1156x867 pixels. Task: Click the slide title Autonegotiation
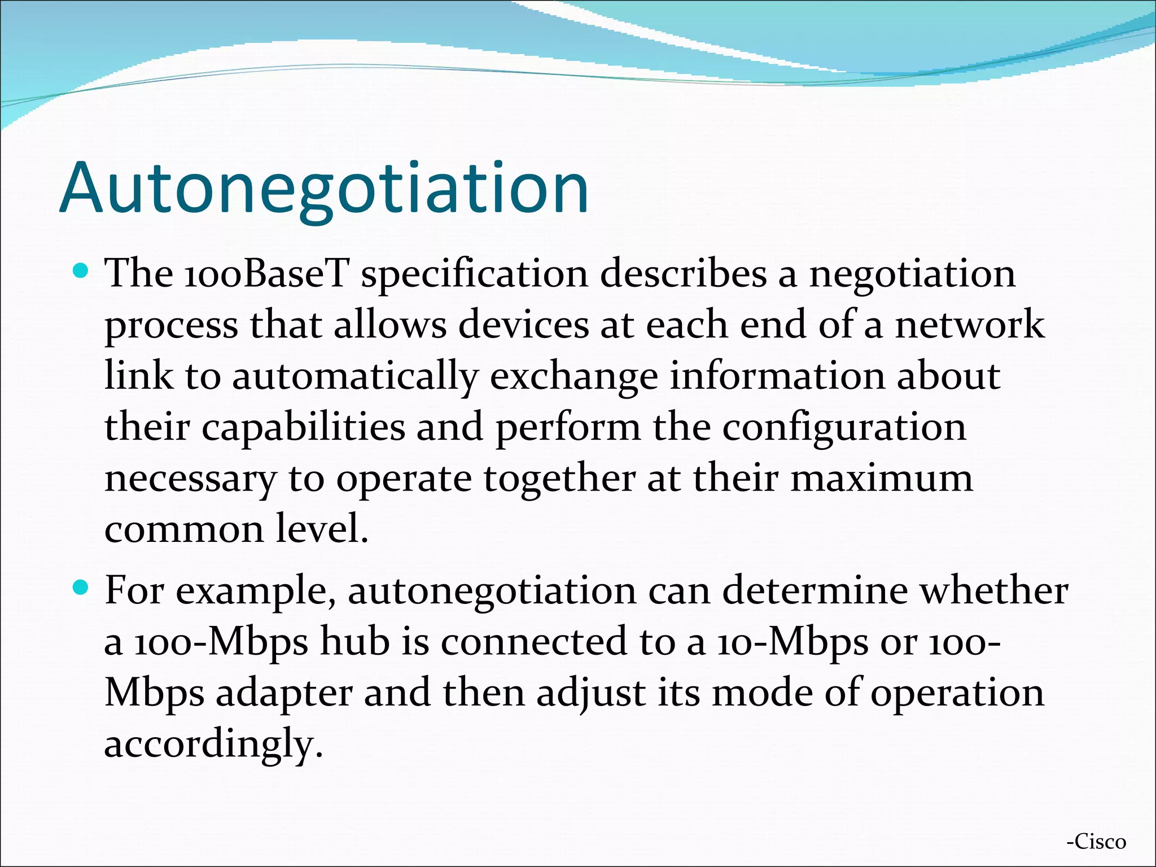point(324,187)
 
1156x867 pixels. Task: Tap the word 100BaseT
point(266,274)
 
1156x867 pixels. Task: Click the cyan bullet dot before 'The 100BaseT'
point(81,271)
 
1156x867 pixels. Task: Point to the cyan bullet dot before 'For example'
point(81,588)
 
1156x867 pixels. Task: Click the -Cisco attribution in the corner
point(1096,842)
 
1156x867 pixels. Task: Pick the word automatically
point(355,377)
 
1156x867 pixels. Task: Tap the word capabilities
point(303,427)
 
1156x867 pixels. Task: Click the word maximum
point(881,478)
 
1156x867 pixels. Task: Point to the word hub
point(355,642)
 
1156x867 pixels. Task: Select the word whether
point(994,590)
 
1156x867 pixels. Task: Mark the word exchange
point(573,377)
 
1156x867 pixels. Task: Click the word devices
point(523,325)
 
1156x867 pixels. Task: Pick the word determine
point(815,590)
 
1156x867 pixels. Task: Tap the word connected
point(533,642)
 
